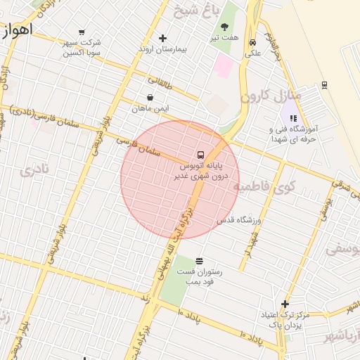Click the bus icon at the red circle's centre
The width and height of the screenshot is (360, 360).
tap(200, 155)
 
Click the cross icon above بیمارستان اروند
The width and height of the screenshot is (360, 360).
tap(163, 38)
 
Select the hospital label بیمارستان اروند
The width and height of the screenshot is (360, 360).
tap(163, 49)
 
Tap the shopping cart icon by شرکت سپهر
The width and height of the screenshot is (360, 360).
tap(82, 32)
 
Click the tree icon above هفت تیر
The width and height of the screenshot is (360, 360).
tap(225, 27)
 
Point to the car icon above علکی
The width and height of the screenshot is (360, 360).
tap(252, 42)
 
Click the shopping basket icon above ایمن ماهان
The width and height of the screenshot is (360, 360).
tap(150, 98)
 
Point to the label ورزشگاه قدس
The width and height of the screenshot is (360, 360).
tap(238, 220)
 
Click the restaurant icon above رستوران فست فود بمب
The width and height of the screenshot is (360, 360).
tap(200, 260)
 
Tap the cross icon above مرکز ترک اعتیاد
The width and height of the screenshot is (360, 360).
tap(285, 304)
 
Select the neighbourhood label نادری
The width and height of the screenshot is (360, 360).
tap(34, 169)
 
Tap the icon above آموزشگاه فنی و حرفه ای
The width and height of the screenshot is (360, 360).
tap(293, 119)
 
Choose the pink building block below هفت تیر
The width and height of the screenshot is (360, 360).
tap(224, 66)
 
